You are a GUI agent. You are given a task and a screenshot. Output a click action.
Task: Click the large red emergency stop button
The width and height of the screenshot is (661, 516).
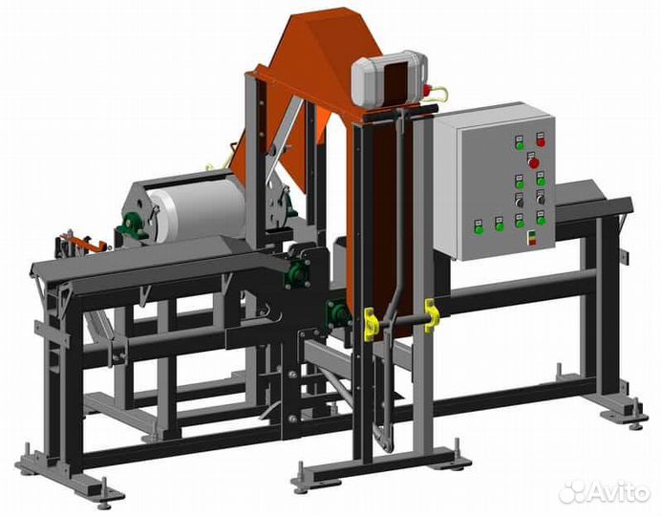(534, 163)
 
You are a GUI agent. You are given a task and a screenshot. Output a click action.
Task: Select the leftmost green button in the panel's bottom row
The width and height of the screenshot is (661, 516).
(479, 229)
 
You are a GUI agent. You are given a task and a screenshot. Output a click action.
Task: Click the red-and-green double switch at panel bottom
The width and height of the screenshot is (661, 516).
(533, 238)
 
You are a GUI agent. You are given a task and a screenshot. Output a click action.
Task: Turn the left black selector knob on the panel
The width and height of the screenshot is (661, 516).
(520, 203)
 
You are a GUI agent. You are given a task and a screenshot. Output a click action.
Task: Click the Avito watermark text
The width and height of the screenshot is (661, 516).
(618, 491)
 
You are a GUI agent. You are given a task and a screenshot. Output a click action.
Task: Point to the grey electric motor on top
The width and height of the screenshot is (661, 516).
(388, 79)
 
